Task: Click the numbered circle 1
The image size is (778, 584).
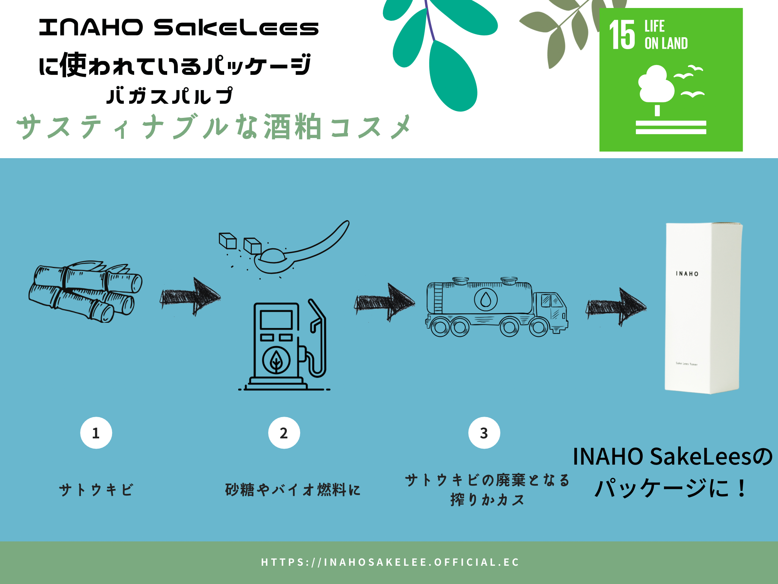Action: [96, 433]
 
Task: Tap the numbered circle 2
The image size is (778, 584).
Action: [284, 433]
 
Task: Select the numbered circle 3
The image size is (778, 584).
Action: [484, 433]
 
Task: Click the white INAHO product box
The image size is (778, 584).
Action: [703, 308]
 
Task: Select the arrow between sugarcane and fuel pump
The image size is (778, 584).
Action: [191, 297]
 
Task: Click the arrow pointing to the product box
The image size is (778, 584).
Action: [616, 306]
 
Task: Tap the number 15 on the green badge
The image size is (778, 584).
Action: [622, 35]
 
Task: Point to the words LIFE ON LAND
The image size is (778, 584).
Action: [666, 35]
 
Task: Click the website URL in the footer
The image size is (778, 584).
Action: [390, 562]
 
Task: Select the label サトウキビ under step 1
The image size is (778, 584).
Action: [96, 490]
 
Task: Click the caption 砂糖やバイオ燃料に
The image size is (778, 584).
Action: [293, 490]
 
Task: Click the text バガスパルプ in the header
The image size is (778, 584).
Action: [169, 95]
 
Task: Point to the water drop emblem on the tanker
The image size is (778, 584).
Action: [485, 300]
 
